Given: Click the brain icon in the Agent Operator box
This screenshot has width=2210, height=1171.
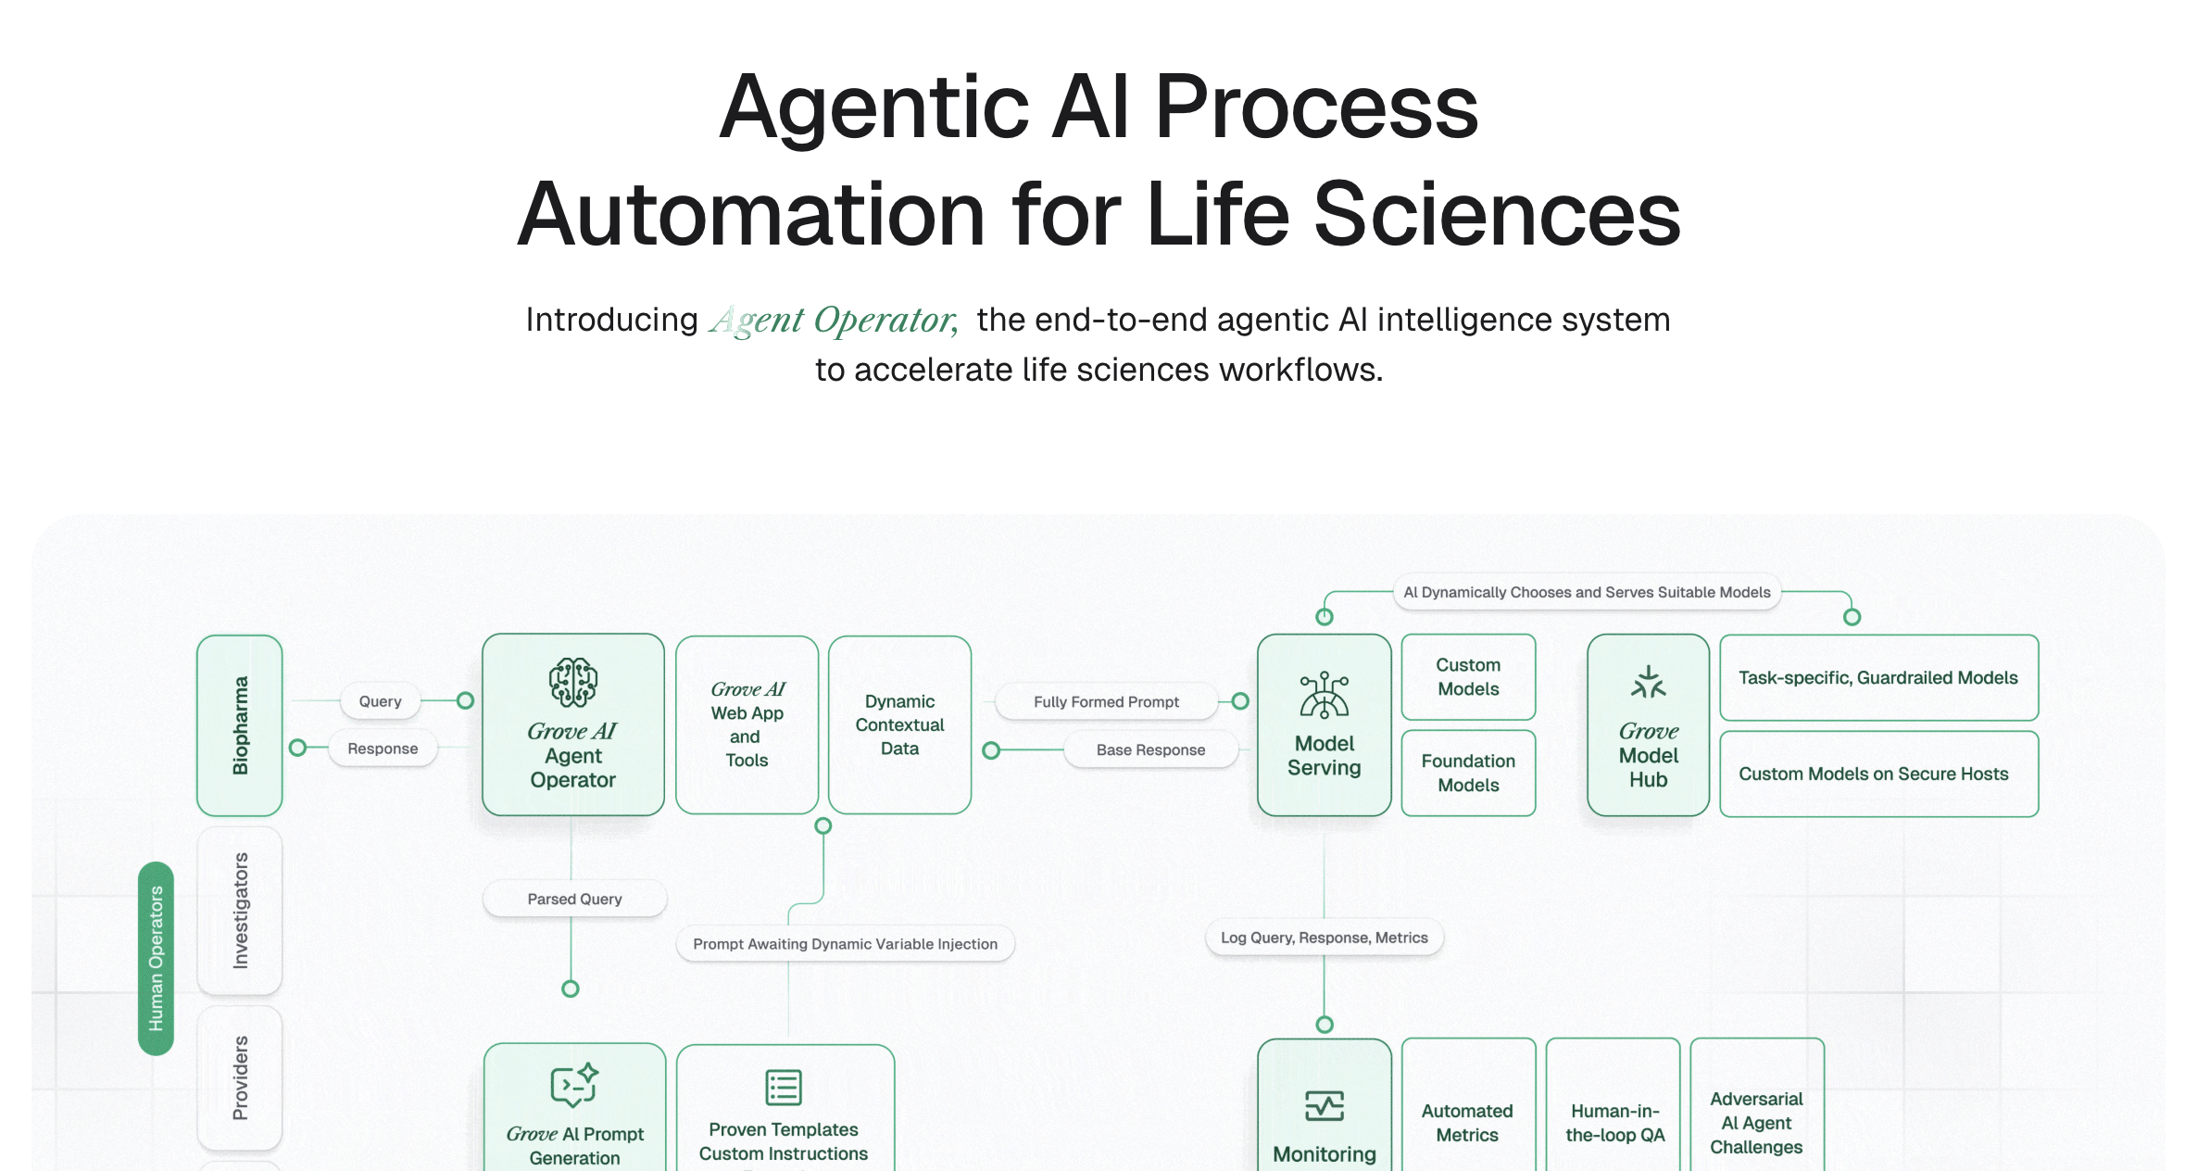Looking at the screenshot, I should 572,683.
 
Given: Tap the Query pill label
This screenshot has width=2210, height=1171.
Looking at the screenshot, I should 380,701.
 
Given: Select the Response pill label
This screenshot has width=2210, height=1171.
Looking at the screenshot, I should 383,749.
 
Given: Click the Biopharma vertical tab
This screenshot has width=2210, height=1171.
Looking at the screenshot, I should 240,724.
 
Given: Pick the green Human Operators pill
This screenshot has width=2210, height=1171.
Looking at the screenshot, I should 156,958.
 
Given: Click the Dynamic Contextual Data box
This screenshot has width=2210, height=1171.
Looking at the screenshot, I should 899,724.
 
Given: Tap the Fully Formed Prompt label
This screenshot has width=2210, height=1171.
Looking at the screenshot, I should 1106,701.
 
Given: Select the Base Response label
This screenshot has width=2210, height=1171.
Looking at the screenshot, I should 1150,749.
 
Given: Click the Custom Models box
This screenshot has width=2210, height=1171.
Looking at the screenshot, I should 1468,677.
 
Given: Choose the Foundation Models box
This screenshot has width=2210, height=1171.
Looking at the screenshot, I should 1468,773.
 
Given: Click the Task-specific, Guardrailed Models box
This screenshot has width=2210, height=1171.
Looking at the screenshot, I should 1877,677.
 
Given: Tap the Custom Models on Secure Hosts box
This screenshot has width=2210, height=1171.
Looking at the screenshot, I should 1877,774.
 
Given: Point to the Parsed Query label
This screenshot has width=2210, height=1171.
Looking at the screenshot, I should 574,899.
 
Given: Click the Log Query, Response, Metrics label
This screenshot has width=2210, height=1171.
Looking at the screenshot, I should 1324,938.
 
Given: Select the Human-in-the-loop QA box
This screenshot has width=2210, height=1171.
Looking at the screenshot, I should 1614,1122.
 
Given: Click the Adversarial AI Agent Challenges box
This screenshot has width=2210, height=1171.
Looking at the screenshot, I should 1756,1122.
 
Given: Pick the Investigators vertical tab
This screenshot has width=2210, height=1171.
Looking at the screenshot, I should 240,911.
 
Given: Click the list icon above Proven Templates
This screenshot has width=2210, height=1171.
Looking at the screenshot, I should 784,1087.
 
